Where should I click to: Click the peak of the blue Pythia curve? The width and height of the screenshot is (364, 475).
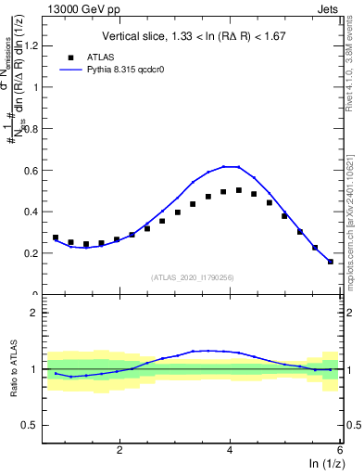pos(231,166)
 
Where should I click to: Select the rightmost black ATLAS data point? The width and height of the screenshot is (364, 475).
pos(331,262)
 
